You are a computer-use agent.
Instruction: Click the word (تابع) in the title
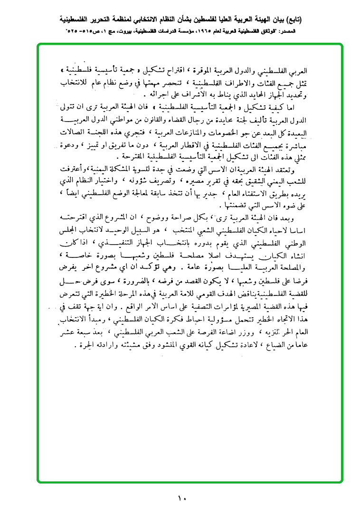(294, 20)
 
